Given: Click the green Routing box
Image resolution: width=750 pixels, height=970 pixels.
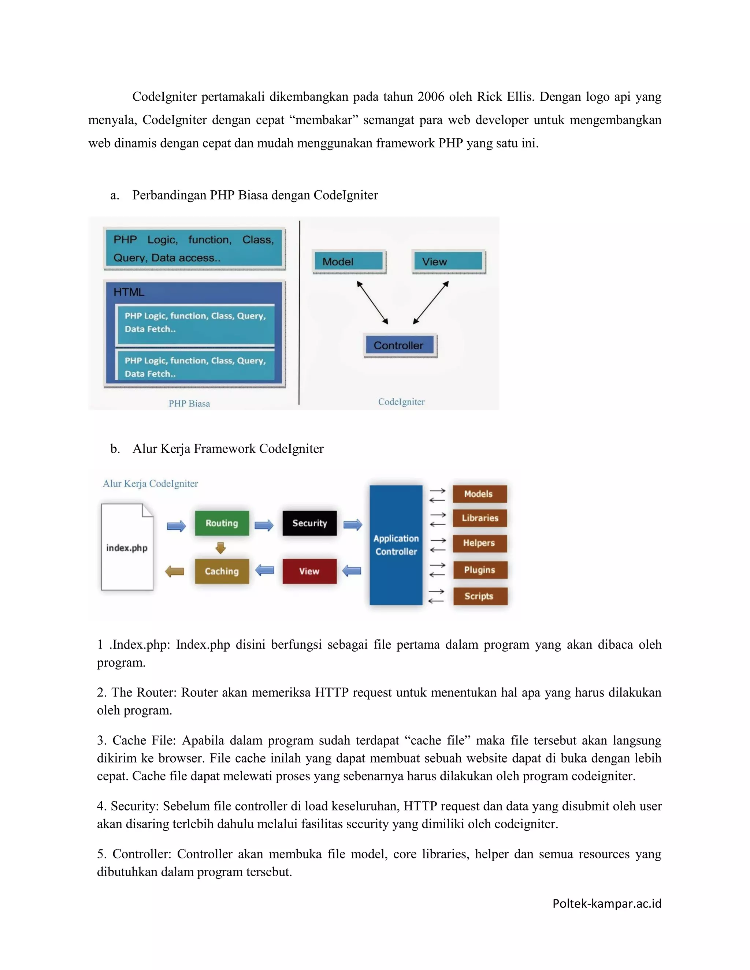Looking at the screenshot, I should [222, 523].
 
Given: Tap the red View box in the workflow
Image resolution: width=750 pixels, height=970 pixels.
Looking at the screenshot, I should [309, 571].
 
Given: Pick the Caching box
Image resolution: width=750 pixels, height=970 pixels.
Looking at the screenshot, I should [222, 571].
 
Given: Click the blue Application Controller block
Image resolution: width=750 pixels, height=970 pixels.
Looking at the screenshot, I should [396, 545].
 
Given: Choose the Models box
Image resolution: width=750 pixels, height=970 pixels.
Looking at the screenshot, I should [479, 494].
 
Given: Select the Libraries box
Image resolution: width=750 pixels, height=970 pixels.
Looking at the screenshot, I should [479, 518].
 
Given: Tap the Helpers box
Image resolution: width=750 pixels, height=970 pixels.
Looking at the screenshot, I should [479, 543].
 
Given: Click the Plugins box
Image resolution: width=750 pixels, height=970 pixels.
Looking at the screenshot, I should [480, 570].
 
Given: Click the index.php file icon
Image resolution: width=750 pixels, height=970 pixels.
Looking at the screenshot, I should [127, 547].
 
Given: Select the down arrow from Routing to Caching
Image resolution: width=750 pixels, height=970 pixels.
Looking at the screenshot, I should [221, 548].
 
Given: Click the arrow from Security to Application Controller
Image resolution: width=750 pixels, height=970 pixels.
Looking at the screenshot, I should [353, 525].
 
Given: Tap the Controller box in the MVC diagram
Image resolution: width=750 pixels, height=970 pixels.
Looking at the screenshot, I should [399, 345].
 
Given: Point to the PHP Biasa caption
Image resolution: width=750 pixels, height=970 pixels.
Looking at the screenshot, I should [189, 403].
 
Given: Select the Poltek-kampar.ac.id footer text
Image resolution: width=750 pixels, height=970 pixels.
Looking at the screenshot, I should [606, 903].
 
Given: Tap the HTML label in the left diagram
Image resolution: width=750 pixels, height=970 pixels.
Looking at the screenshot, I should [129, 292].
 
